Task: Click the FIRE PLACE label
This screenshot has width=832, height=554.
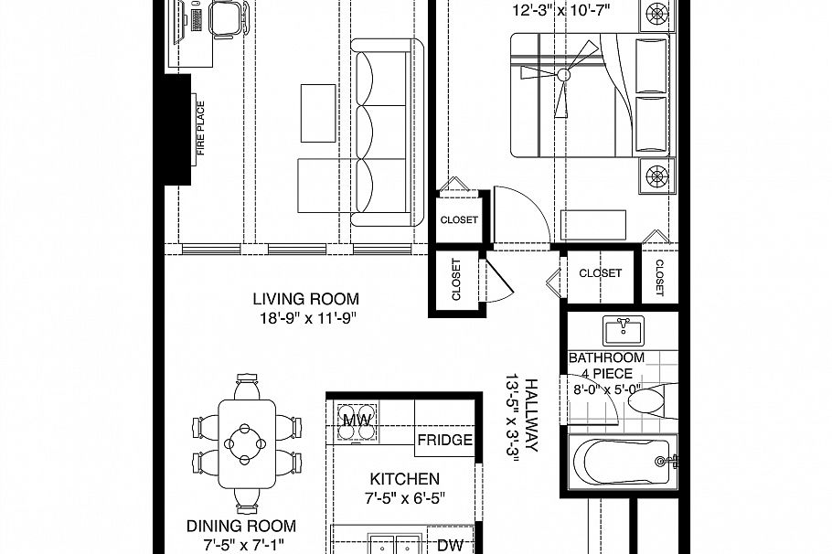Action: [200, 129]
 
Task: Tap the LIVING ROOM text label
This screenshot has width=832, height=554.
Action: [305, 299]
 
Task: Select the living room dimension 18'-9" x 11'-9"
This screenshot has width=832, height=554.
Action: [305, 318]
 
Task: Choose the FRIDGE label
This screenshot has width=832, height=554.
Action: [444, 440]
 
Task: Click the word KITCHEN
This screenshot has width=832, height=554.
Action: [404, 479]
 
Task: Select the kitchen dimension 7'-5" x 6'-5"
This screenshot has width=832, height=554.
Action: [404, 498]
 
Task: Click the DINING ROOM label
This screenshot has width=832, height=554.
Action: [241, 526]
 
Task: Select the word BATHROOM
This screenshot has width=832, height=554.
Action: [605, 358]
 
